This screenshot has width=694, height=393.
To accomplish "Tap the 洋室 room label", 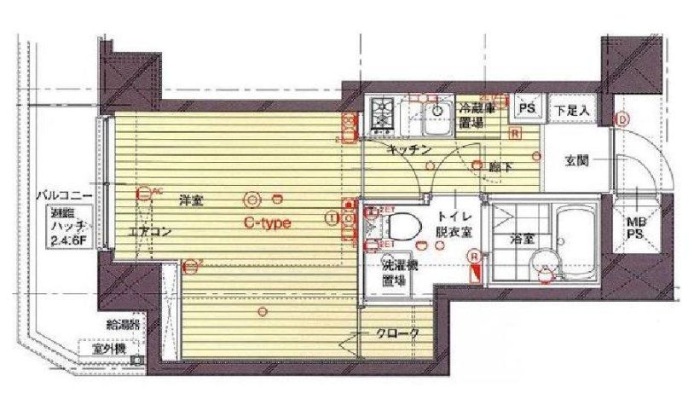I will [x=191, y=201].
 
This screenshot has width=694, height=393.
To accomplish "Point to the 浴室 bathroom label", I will [x=522, y=240].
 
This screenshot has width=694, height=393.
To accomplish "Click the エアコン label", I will [x=150, y=231].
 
